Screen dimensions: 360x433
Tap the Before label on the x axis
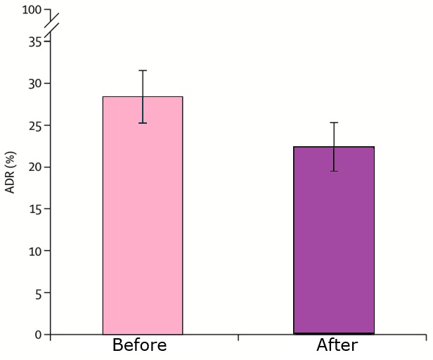click(139, 345)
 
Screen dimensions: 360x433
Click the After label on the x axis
click(337, 345)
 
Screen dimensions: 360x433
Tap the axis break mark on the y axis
click(51, 25)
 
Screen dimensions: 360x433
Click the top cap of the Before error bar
click(143, 70)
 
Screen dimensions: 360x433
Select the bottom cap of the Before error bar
click(143, 123)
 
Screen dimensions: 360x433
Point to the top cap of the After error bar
click(334, 122)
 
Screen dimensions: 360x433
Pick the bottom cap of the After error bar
click(334, 171)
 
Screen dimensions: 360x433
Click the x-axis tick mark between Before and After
click(238, 337)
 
